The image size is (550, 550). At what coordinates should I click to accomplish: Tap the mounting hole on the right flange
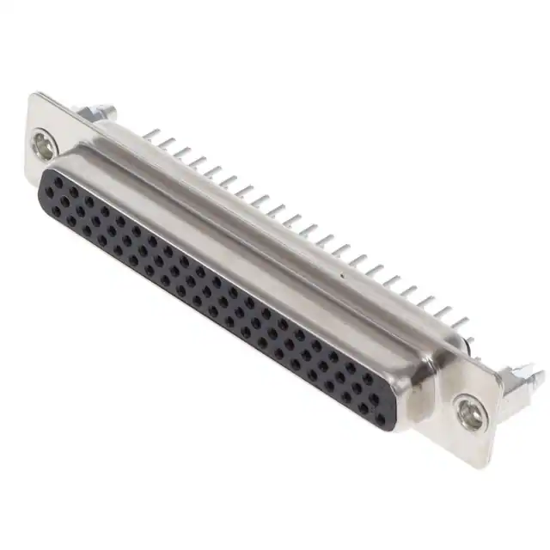[x=467, y=413]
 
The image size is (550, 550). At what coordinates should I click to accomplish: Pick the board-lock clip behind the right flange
[x=521, y=383]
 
